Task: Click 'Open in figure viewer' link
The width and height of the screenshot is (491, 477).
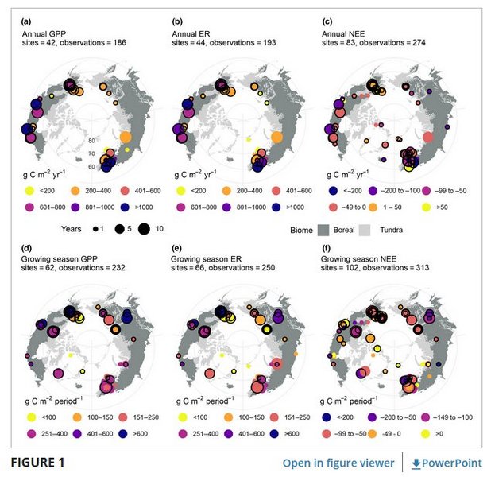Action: coord(338,462)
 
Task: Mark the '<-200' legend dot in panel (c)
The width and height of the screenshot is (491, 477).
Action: coord(329,190)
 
